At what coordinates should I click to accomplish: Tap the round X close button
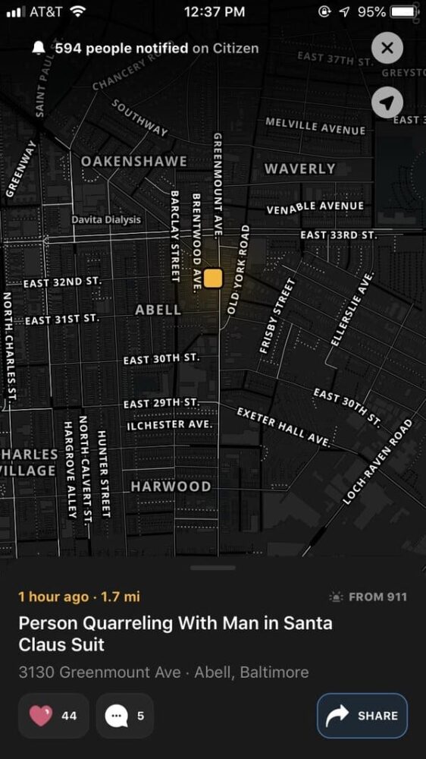tap(387, 49)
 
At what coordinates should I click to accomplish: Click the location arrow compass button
tap(387, 102)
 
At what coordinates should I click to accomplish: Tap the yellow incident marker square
tap(213, 278)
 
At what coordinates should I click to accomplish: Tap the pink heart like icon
tap(40, 715)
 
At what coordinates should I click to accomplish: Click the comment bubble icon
tap(115, 715)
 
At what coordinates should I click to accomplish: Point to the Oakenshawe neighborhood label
tap(133, 161)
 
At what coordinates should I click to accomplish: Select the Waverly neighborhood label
tap(299, 168)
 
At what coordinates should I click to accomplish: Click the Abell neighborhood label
tap(158, 310)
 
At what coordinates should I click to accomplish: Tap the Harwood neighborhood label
tap(171, 487)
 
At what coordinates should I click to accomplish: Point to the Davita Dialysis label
tap(106, 219)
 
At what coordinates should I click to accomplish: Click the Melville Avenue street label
tap(315, 125)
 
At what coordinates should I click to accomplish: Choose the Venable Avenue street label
tap(315, 206)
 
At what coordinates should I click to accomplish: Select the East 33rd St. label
tap(338, 235)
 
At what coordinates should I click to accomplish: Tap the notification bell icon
tap(39, 49)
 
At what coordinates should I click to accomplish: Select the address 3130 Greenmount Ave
tap(99, 672)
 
